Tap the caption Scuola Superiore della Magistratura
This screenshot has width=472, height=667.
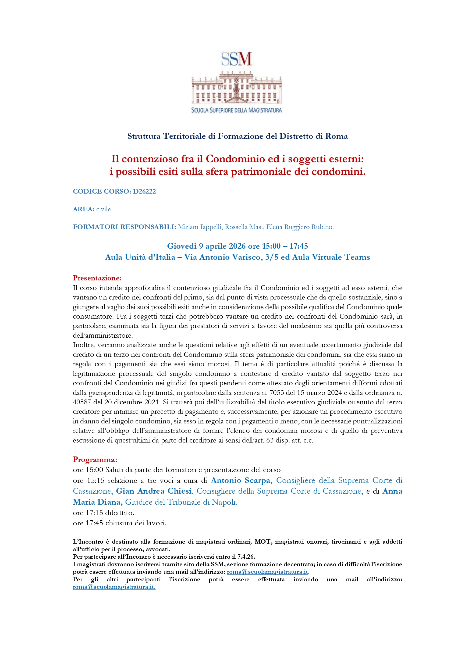(x=236, y=110)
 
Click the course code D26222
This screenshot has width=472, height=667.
(x=144, y=191)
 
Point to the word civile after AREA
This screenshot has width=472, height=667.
(x=104, y=209)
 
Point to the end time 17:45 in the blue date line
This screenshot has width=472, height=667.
(x=299, y=246)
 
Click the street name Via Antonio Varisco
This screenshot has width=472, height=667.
(x=223, y=257)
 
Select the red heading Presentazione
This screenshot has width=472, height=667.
(x=97, y=278)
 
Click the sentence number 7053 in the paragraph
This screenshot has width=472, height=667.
(x=276, y=393)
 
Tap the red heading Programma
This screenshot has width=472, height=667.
(x=95, y=459)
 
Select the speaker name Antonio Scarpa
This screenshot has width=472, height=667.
(x=241, y=480)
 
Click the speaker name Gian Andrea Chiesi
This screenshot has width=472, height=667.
(x=154, y=491)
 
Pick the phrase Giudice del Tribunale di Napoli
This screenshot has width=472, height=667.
(x=181, y=502)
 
